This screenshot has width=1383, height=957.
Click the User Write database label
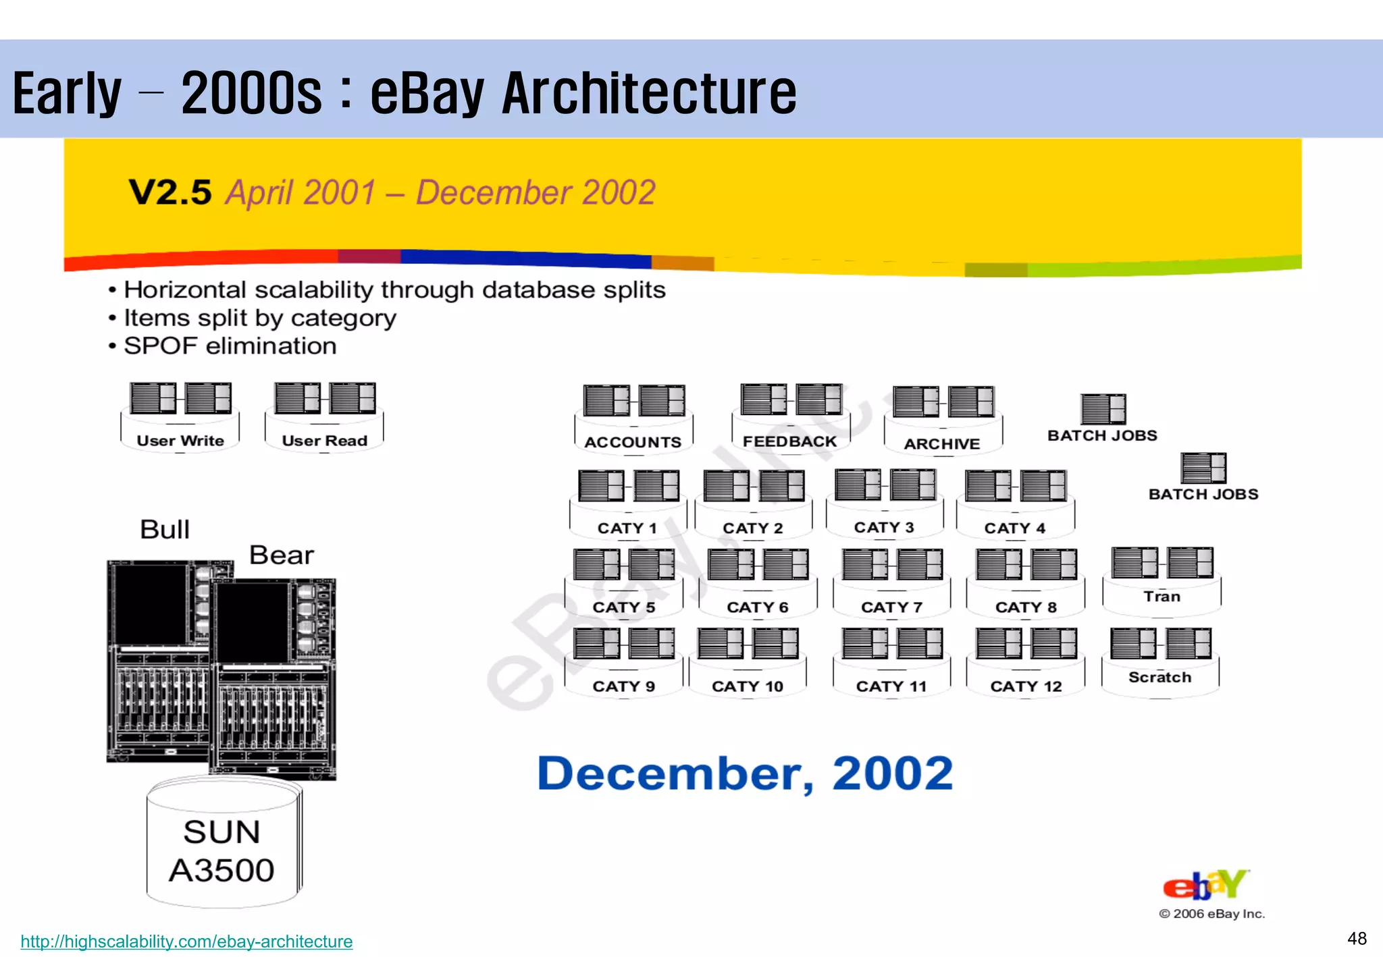(180, 441)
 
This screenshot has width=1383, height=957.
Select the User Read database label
(324, 441)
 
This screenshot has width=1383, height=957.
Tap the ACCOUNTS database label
(633, 442)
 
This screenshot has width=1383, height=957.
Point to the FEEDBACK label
(789, 441)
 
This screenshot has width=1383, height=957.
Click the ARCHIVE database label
(942, 443)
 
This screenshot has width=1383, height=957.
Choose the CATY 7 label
(891, 607)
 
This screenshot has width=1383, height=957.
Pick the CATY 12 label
(1026, 686)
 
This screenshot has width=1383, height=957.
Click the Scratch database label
(1159, 677)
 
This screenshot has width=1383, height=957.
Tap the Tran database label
(1162, 597)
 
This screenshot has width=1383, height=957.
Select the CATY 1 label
(627, 528)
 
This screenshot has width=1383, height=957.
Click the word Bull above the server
(165, 529)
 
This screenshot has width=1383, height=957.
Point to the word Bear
(281, 555)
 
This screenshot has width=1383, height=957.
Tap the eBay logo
(1206, 885)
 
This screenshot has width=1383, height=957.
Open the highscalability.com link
(186, 941)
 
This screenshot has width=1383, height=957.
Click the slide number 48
(1357, 938)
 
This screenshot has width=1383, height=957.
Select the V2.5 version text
(170, 192)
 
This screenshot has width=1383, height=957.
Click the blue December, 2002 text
(745, 773)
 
